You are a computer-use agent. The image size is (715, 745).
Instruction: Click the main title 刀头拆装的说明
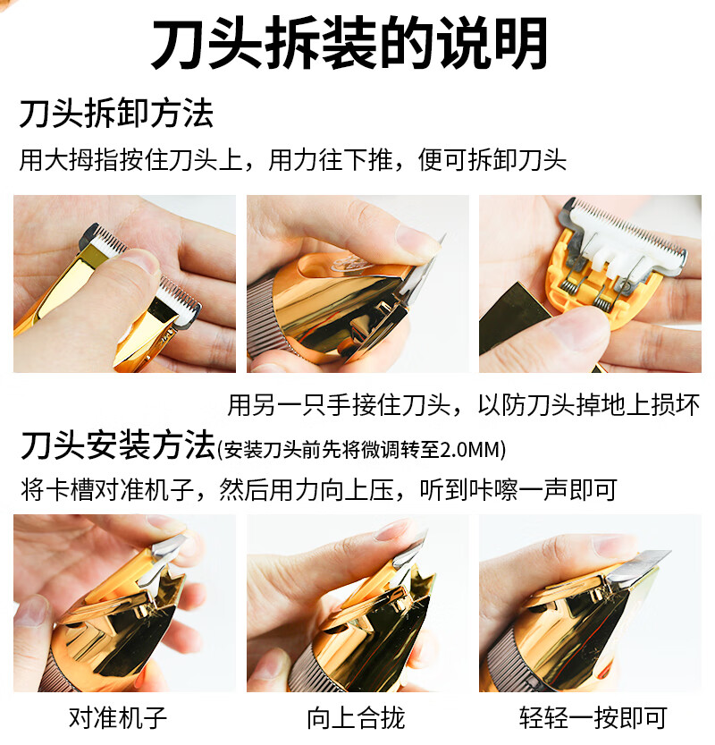[x=349, y=44]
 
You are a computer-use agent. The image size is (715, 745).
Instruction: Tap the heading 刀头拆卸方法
[x=116, y=114]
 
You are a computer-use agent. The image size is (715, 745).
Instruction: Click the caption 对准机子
[x=118, y=717]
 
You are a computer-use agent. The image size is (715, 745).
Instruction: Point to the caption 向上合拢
[x=356, y=717]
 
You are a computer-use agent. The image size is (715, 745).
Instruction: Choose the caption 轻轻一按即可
[x=593, y=717]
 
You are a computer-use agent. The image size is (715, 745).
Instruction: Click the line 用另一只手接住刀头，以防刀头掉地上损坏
[x=464, y=405]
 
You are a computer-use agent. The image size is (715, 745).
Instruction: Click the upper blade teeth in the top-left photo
[x=105, y=237]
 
